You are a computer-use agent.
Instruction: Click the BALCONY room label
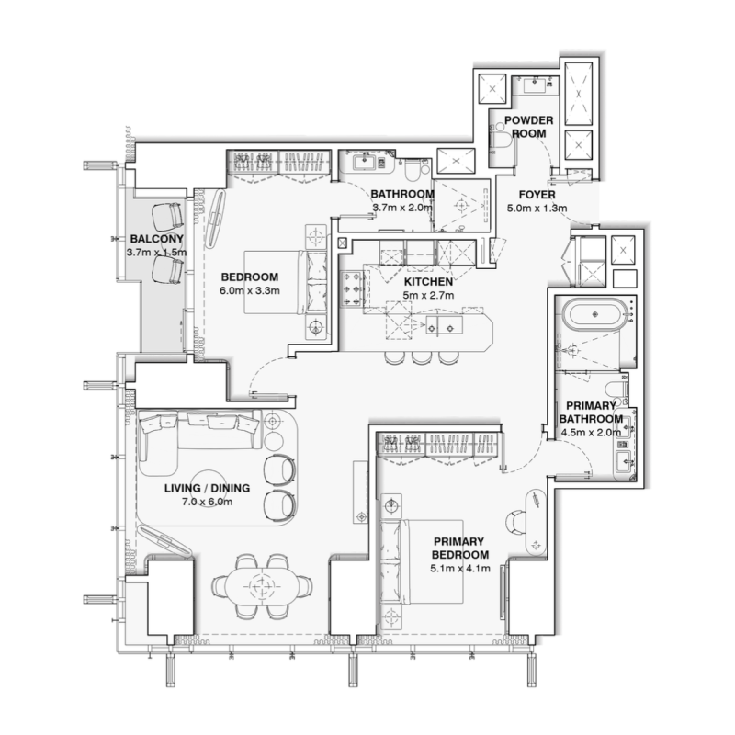tap(151, 237)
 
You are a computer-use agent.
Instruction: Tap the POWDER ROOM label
tap(526, 126)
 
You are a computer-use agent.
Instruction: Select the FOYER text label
tap(537, 195)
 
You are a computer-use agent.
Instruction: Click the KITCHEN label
tap(427, 281)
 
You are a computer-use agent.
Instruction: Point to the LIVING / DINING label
tap(200, 488)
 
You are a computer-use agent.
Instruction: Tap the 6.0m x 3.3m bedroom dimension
tap(249, 290)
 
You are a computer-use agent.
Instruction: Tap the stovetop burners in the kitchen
tap(353, 288)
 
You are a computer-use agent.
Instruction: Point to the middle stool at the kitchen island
tap(421, 356)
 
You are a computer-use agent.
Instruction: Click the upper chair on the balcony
tap(167, 217)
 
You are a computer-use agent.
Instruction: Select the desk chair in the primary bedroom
tap(518, 520)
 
